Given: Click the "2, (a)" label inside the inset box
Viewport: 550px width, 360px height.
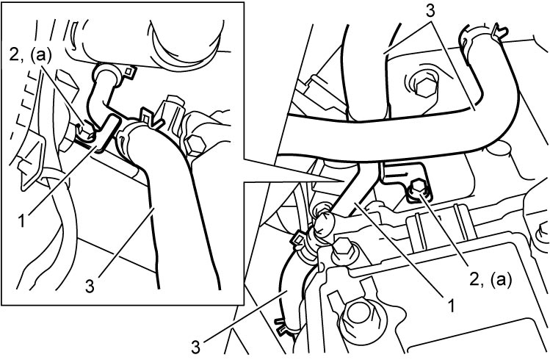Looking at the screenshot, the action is [x=30, y=56].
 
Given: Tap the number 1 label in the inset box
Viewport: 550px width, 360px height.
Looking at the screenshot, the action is [x=23, y=221].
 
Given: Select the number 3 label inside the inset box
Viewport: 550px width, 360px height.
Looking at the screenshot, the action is [x=90, y=286].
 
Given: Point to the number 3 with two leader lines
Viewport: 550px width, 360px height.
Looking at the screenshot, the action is [x=430, y=11].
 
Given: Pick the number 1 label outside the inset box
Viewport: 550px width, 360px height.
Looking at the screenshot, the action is [x=451, y=305].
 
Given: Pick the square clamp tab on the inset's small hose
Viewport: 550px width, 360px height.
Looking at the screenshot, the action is [x=129, y=71].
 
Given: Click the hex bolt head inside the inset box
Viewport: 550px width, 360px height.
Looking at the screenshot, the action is [x=195, y=145].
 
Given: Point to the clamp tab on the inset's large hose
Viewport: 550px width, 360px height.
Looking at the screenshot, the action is [x=149, y=117].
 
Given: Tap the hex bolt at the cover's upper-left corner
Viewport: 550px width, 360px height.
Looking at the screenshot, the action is [x=341, y=251].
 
